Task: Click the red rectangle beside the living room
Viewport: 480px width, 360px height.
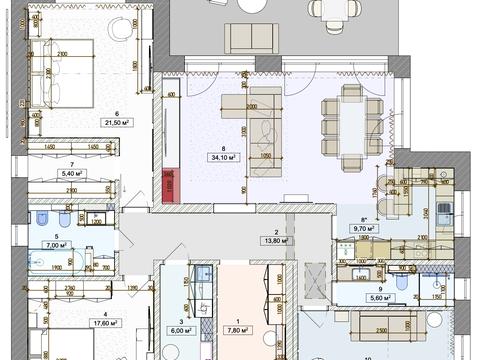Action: click(x=170, y=185)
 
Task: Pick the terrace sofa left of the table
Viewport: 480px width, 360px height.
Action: click(x=243, y=37)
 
